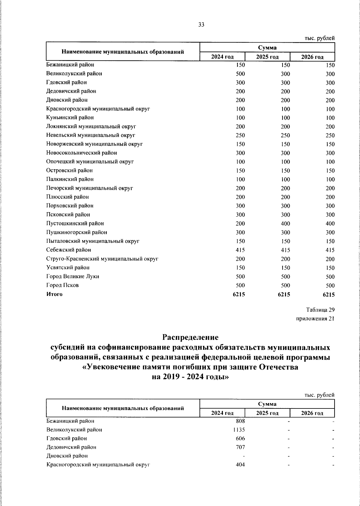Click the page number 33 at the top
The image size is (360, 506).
[x=201, y=25]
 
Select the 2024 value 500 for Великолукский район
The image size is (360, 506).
[x=240, y=74]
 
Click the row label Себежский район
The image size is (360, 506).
[x=68, y=250]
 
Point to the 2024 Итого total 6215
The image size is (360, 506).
[x=239, y=295]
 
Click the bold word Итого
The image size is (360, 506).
[x=54, y=294]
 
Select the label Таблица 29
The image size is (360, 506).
[x=320, y=310]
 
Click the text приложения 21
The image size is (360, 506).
[x=315, y=319]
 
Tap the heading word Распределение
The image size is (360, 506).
[x=190, y=337]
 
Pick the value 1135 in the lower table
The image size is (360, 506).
[x=239, y=430]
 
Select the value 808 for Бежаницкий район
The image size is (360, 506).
[x=240, y=421]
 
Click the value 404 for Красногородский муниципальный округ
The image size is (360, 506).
[x=240, y=465]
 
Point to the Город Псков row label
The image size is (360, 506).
[x=62, y=285]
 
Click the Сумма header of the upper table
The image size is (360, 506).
[x=267, y=48]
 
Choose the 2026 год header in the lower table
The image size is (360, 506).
[x=312, y=413]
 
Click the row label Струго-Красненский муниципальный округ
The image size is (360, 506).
[x=102, y=259]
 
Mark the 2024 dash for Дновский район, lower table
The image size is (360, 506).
[x=244, y=456]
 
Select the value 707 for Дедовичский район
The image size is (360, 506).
[x=240, y=447]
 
